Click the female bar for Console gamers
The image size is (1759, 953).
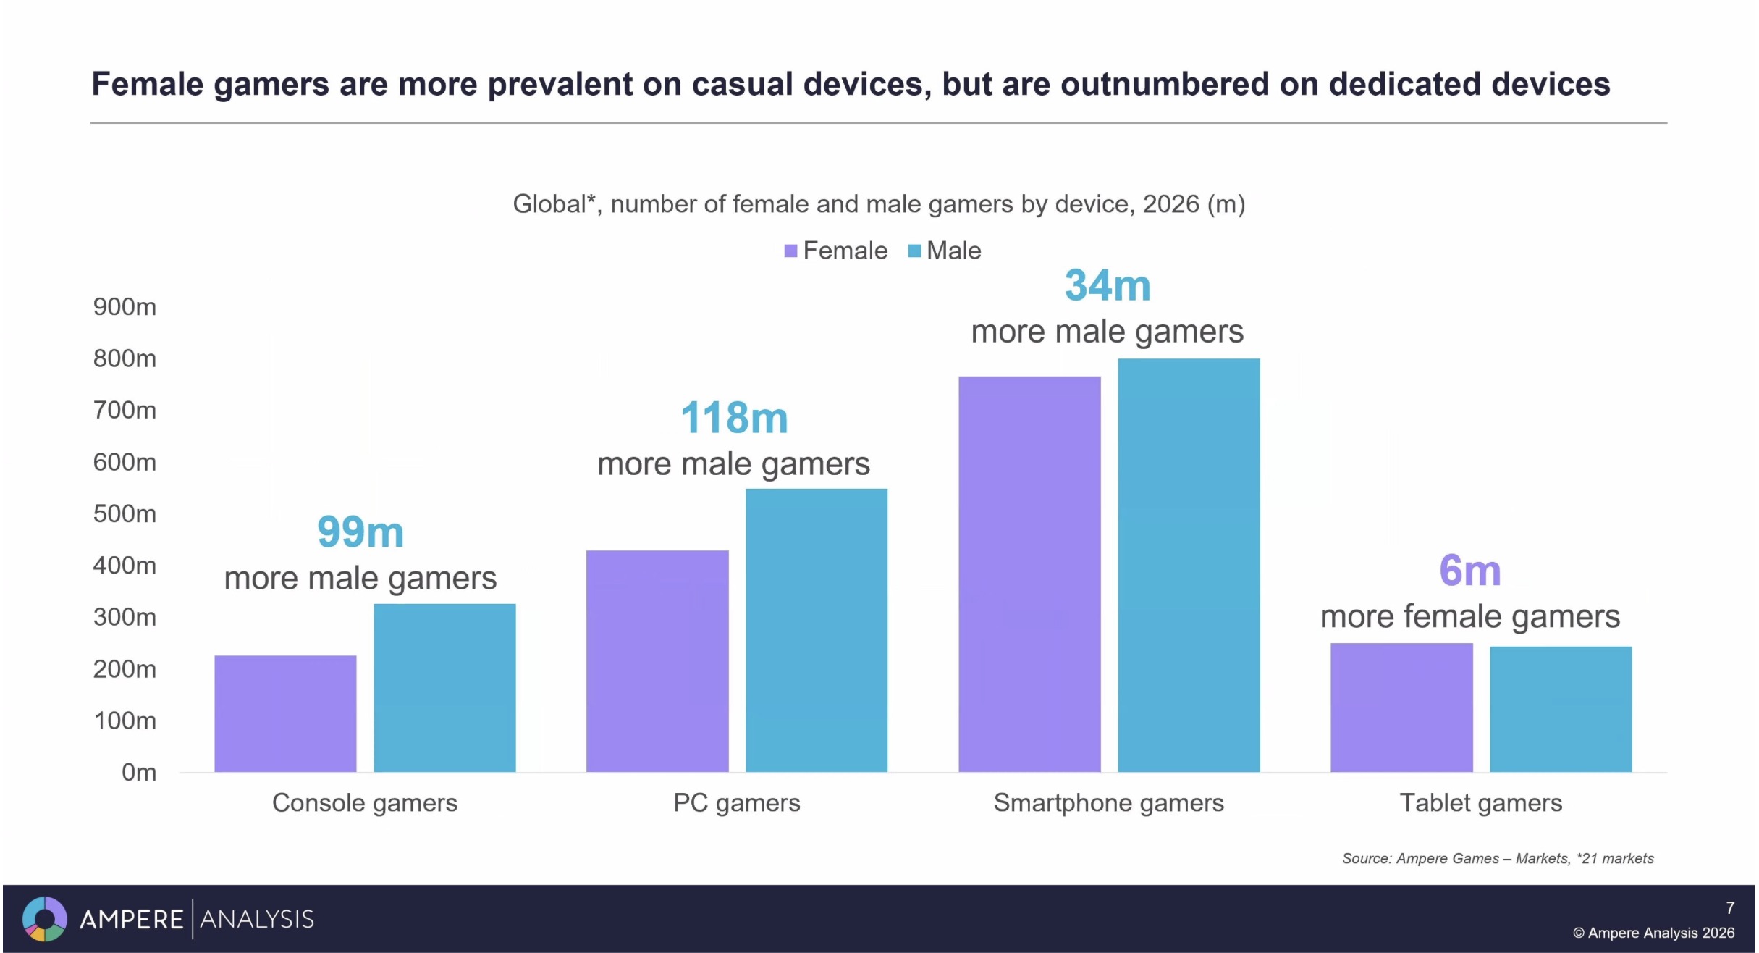click(285, 713)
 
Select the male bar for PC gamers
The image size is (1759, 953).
click(816, 630)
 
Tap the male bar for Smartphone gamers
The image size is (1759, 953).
click(1188, 565)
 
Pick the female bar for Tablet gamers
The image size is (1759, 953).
click(1401, 707)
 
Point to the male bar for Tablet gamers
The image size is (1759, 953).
click(1560, 709)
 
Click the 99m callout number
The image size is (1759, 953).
click(360, 532)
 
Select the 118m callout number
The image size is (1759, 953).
click(734, 418)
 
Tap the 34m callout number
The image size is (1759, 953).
click(1107, 285)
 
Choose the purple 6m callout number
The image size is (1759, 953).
click(1469, 571)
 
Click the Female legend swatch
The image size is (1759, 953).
click(790, 251)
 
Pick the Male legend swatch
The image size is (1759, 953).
click(914, 251)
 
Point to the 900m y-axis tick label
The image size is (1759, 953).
click(125, 307)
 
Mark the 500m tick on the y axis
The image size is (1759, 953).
click(125, 514)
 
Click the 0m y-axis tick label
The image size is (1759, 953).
click(138, 773)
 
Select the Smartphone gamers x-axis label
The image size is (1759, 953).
click(1108, 803)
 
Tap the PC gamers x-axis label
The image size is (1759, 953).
click(736, 803)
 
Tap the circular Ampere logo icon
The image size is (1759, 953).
click(45, 919)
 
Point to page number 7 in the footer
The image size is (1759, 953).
click(1729, 908)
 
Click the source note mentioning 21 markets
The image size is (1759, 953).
click(1497, 859)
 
